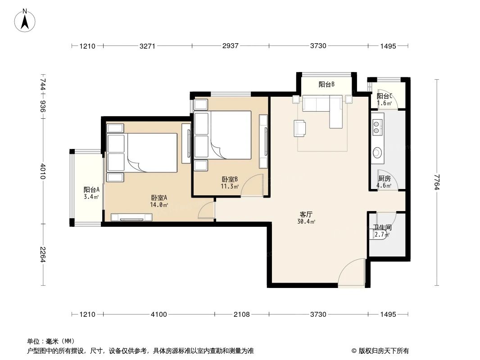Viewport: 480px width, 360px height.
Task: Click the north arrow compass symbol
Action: [25, 20]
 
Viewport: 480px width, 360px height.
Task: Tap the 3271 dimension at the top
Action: [147, 46]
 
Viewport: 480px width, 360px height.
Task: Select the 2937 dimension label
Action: [230, 46]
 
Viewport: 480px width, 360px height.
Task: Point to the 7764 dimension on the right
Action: [437, 182]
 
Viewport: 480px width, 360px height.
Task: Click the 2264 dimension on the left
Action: [43, 255]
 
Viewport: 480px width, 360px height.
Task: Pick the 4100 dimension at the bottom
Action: [159, 315]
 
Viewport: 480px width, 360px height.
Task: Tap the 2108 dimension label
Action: [241, 315]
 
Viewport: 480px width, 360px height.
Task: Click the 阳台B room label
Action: [326, 85]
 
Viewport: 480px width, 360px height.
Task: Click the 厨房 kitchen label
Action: [384, 179]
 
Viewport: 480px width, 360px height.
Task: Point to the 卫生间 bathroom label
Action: [382, 228]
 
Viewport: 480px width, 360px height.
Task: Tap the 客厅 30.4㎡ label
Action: [306, 218]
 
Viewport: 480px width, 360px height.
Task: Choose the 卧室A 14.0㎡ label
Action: [159, 201]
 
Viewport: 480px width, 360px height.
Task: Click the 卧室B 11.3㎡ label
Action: [230, 183]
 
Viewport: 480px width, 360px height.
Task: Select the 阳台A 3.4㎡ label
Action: [91, 193]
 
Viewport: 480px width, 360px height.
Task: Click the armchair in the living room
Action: [300, 128]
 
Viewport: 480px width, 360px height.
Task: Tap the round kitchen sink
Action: [377, 152]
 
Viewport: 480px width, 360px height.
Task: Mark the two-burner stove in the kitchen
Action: [377, 127]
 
